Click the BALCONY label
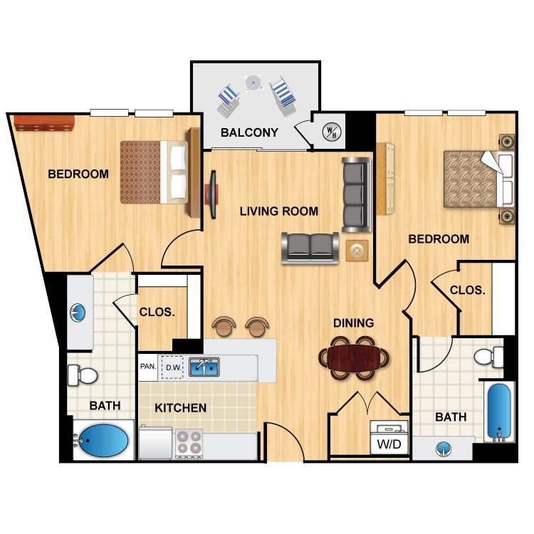248,132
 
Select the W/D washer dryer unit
389,436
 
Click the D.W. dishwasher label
172,367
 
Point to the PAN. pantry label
147,367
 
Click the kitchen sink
204,367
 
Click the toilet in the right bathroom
488,355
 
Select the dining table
354,354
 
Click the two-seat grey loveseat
310,246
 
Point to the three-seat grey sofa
356,194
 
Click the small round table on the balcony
252,83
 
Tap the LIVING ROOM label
278,211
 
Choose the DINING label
353,323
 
